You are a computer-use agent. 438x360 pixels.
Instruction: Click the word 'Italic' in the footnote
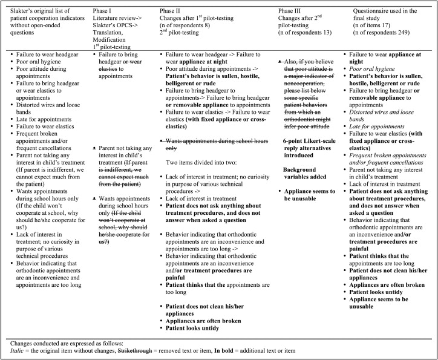[x=11, y=350]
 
